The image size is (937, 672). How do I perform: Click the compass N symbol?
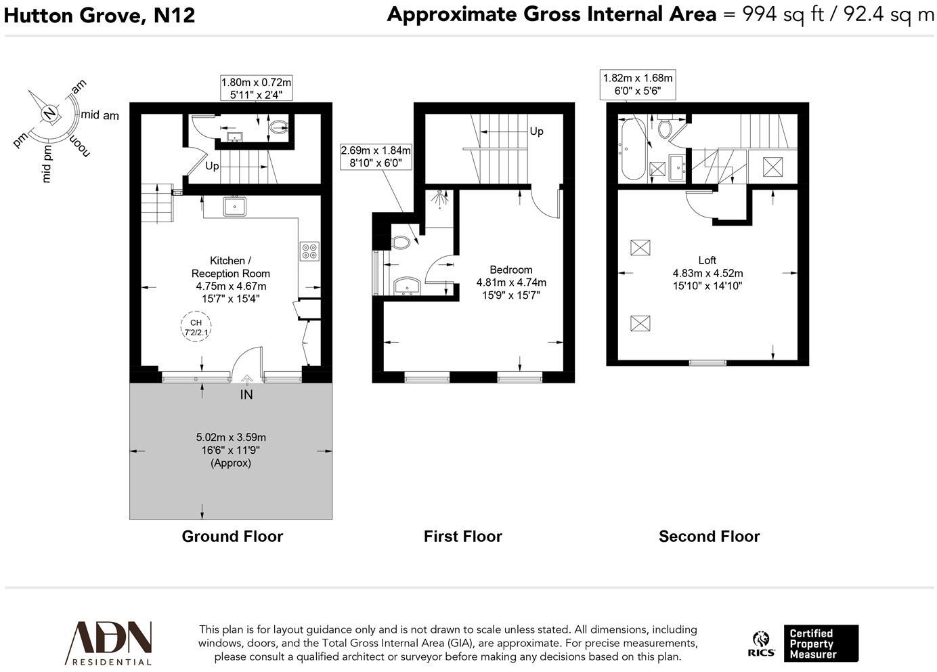tap(50, 113)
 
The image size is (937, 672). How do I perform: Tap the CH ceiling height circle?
tap(196, 327)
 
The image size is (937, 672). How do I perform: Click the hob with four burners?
tap(309, 251)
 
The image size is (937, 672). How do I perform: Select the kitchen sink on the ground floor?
tap(235, 207)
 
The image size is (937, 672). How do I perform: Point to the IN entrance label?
tap(246, 394)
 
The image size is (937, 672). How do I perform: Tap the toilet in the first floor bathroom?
tap(400, 243)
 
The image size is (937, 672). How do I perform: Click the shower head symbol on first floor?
tap(439, 198)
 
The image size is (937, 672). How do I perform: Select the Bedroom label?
tap(510, 270)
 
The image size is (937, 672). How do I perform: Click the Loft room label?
tap(707, 260)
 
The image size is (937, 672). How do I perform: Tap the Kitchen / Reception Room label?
tap(230, 267)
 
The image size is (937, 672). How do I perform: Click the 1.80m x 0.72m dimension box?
tap(256, 88)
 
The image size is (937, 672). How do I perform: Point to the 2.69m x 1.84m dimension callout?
tap(376, 156)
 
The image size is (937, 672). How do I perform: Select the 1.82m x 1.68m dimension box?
tap(638, 84)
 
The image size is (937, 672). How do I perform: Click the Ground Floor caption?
tap(232, 536)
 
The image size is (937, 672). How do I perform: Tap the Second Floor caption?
tap(709, 536)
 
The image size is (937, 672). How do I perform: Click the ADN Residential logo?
tap(108, 643)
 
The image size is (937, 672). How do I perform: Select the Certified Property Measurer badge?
tap(821, 643)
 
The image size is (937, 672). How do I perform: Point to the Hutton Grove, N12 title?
tap(99, 16)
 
